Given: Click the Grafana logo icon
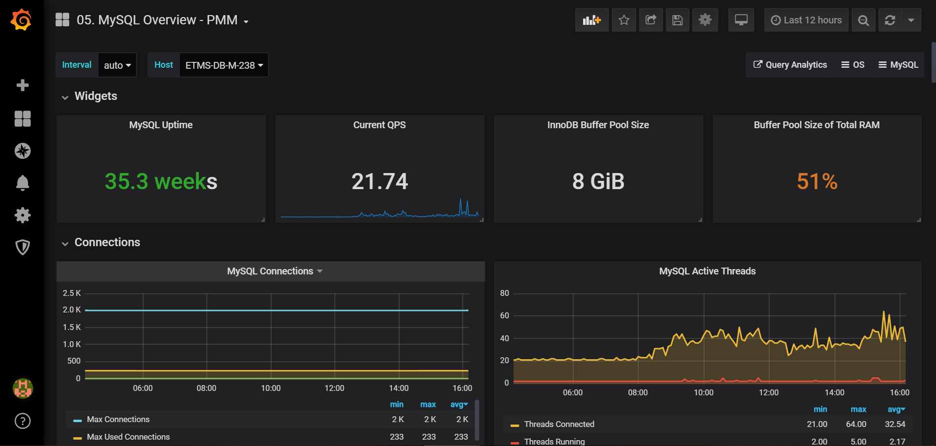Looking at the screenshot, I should click(x=21, y=20).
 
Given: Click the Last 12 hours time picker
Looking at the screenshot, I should click(x=806, y=20).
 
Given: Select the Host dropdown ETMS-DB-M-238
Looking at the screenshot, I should click(x=224, y=65).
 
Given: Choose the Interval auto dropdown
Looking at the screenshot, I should click(x=117, y=65).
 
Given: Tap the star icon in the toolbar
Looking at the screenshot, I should click(x=624, y=20).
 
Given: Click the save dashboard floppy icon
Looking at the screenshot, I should click(x=677, y=20).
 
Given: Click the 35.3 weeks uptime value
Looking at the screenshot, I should click(x=161, y=181).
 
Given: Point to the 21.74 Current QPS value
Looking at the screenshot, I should click(x=380, y=181).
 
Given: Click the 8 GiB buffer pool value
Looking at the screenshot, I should click(x=598, y=181).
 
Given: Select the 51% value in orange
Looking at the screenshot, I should click(x=817, y=181).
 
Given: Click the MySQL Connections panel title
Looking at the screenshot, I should click(x=270, y=271).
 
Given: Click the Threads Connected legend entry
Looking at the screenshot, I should click(x=559, y=424).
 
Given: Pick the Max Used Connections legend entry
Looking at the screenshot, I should click(x=128, y=437).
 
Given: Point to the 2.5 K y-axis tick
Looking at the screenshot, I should click(x=72, y=293).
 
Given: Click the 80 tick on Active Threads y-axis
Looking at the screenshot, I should click(x=505, y=293).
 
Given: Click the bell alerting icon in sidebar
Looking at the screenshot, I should click(x=22, y=183).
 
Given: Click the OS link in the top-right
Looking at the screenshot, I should click(x=853, y=65).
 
